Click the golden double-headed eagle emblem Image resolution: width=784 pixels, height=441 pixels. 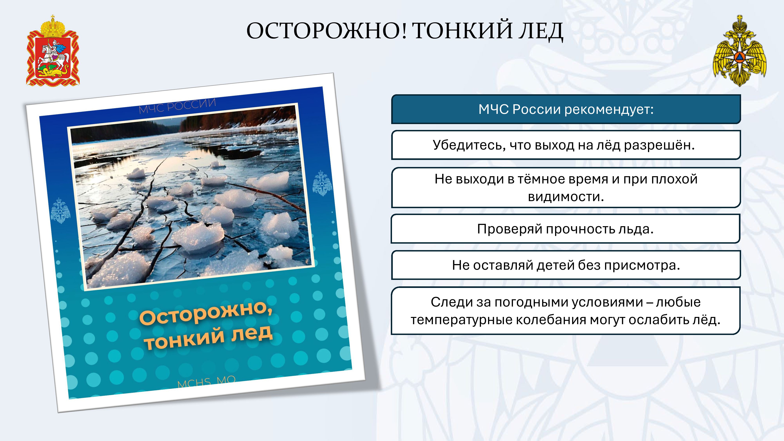(740, 51)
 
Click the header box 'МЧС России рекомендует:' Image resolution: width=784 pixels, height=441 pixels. (566, 109)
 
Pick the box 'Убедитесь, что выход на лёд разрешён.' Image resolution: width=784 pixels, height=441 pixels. (566, 145)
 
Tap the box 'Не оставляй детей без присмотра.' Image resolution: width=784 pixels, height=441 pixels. (566, 265)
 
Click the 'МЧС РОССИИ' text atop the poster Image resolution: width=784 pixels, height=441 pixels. (177, 106)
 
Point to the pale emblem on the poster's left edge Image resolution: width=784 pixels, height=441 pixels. (60, 211)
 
